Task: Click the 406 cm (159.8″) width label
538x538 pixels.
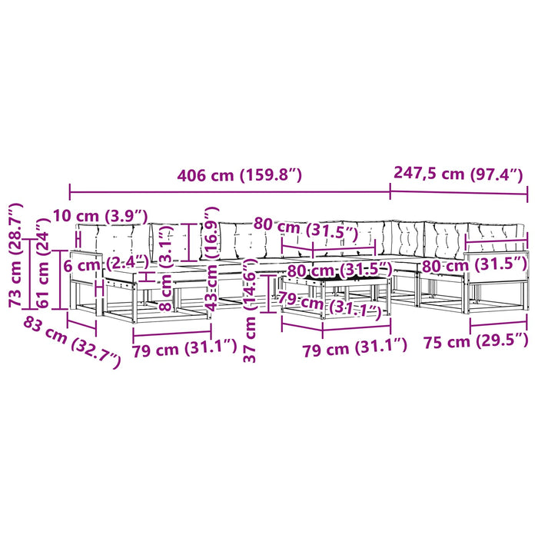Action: click(239, 175)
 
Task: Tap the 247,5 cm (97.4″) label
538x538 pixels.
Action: click(458, 173)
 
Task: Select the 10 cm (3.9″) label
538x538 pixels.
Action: click(100, 216)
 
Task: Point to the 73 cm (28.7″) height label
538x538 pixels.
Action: click(16, 255)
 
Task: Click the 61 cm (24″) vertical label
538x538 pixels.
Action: click(43, 263)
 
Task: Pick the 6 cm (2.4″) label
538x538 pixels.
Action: click(106, 264)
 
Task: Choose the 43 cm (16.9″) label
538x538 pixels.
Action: click(211, 259)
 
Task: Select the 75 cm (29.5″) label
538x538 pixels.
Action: click(476, 340)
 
